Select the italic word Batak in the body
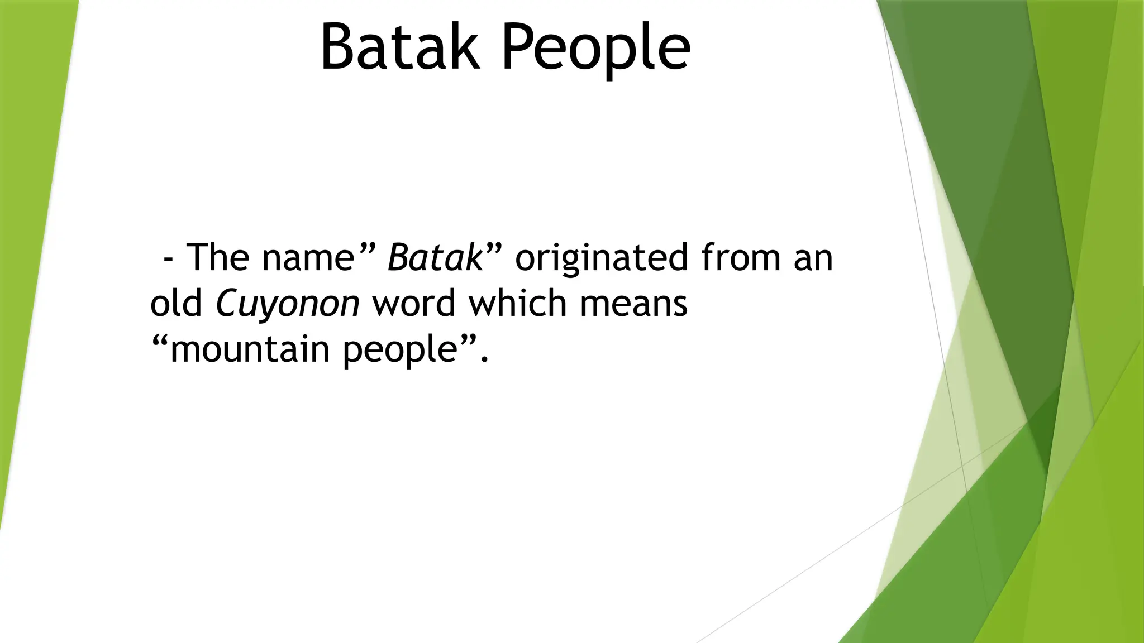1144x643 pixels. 435,258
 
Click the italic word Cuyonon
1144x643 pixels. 288,304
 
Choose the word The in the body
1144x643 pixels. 217,258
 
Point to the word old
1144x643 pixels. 176,304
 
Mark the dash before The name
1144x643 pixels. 168,260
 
